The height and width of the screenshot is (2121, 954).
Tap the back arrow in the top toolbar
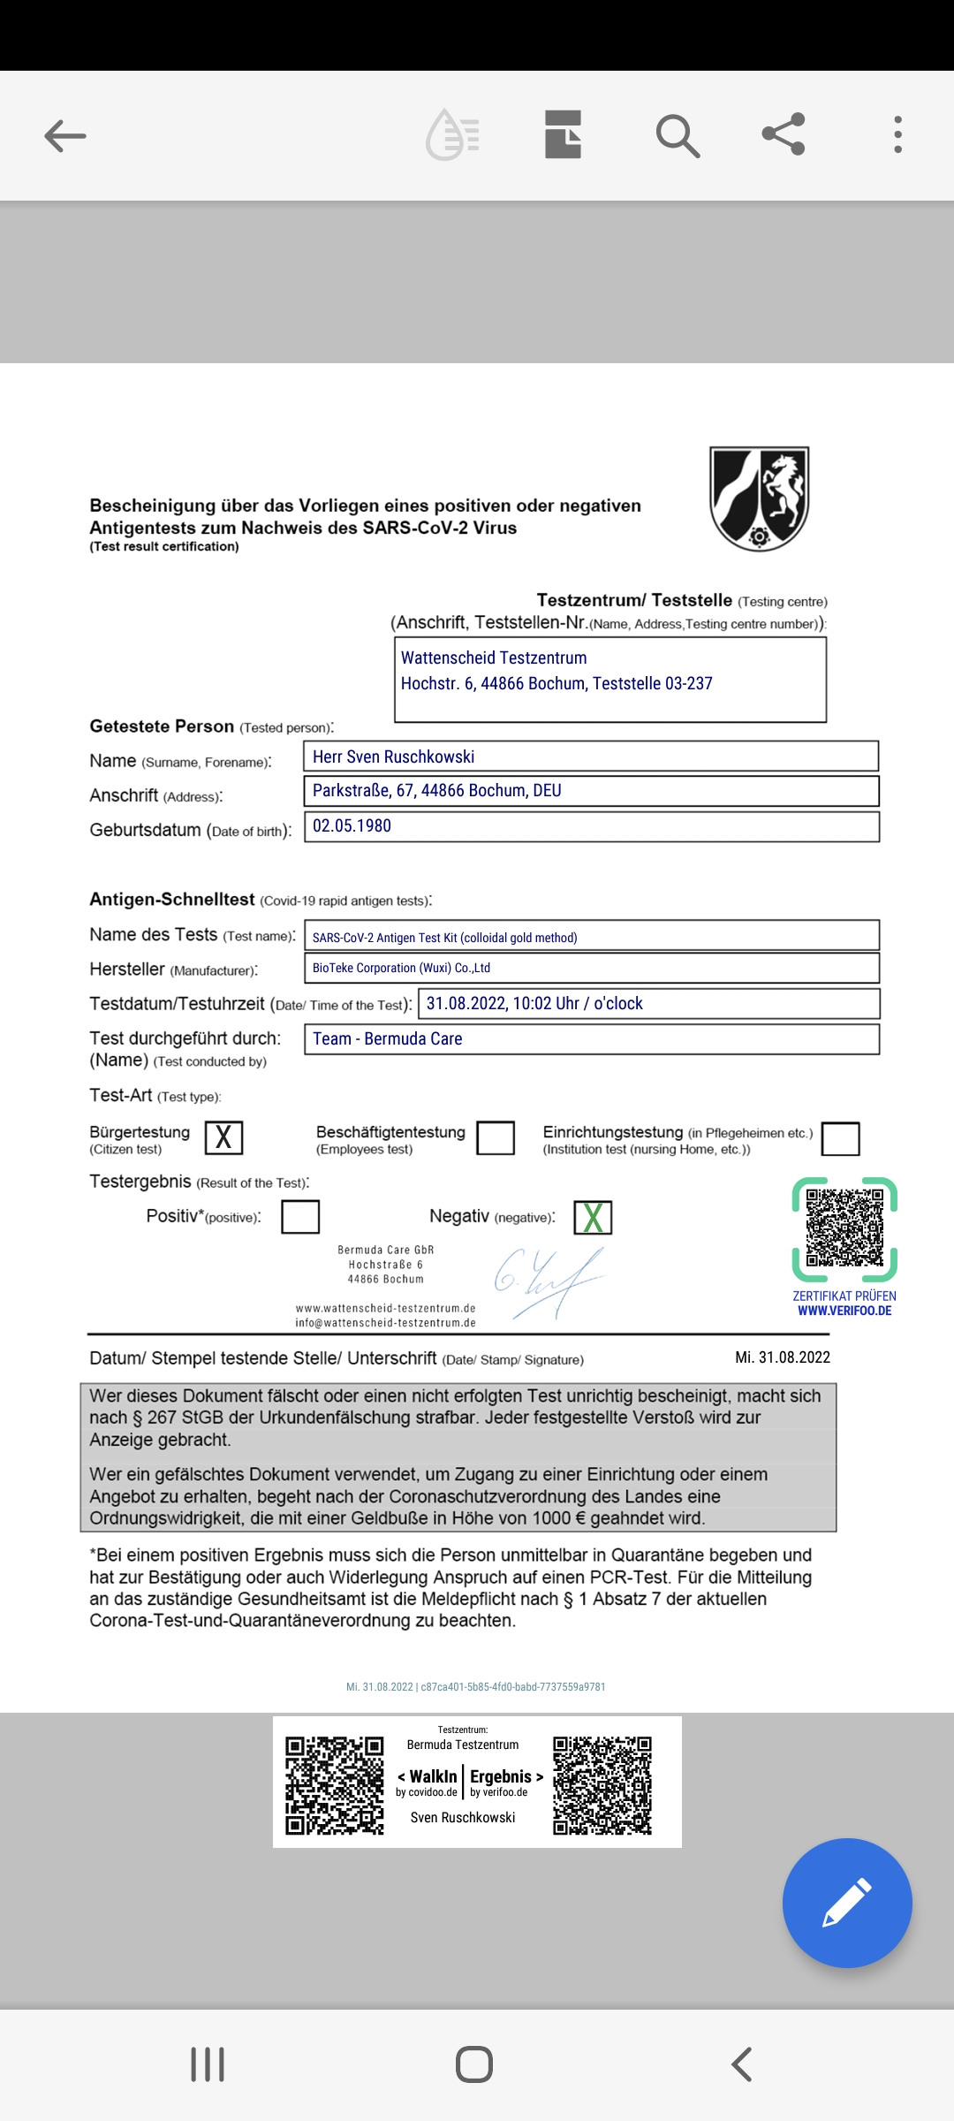[x=65, y=136]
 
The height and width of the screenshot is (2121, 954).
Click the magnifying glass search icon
[x=678, y=136]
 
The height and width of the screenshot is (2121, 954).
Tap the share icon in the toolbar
[x=784, y=134]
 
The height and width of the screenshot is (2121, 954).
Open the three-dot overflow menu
[x=897, y=135]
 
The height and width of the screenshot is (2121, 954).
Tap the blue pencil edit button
[x=846, y=1903]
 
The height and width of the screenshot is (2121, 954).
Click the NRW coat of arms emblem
[x=760, y=498]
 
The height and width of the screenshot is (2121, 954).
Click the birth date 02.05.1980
[x=352, y=825]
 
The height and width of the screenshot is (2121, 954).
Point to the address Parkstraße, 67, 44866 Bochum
[x=437, y=790]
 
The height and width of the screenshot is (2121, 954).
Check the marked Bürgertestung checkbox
[x=223, y=1137]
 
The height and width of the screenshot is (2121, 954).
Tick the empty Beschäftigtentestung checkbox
[x=496, y=1137]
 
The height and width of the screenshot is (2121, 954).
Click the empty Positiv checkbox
[x=300, y=1217]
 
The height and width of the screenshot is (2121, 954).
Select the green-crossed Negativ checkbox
[x=593, y=1218]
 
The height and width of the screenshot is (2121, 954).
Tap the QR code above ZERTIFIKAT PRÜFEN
[x=844, y=1228]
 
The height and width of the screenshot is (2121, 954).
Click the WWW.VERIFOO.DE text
[x=844, y=1311]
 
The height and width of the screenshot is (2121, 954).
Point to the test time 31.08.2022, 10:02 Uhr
[x=534, y=1003]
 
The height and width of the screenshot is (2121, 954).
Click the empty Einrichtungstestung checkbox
[x=840, y=1138]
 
